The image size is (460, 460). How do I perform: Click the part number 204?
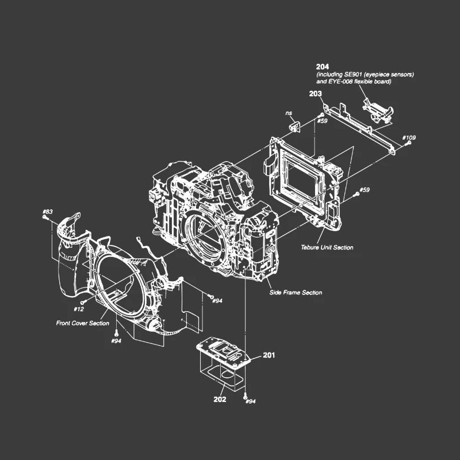tap(323, 67)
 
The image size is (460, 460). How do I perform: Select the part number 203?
tap(315, 93)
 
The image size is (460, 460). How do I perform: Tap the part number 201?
tap(269, 355)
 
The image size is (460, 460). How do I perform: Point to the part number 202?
tap(220, 399)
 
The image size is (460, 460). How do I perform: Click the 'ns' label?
tap(289, 113)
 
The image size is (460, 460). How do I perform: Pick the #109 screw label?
tap(409, 137)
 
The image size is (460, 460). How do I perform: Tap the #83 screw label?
tap(48, 212)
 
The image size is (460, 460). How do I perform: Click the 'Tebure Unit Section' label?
tap(327, 248)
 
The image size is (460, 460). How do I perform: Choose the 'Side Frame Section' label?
tap(296, 293)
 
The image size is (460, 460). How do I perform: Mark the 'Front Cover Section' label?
tap(82, 323)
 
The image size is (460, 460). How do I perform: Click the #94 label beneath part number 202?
tap(250, 401)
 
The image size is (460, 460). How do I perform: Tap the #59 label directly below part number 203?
tap(322, 121)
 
